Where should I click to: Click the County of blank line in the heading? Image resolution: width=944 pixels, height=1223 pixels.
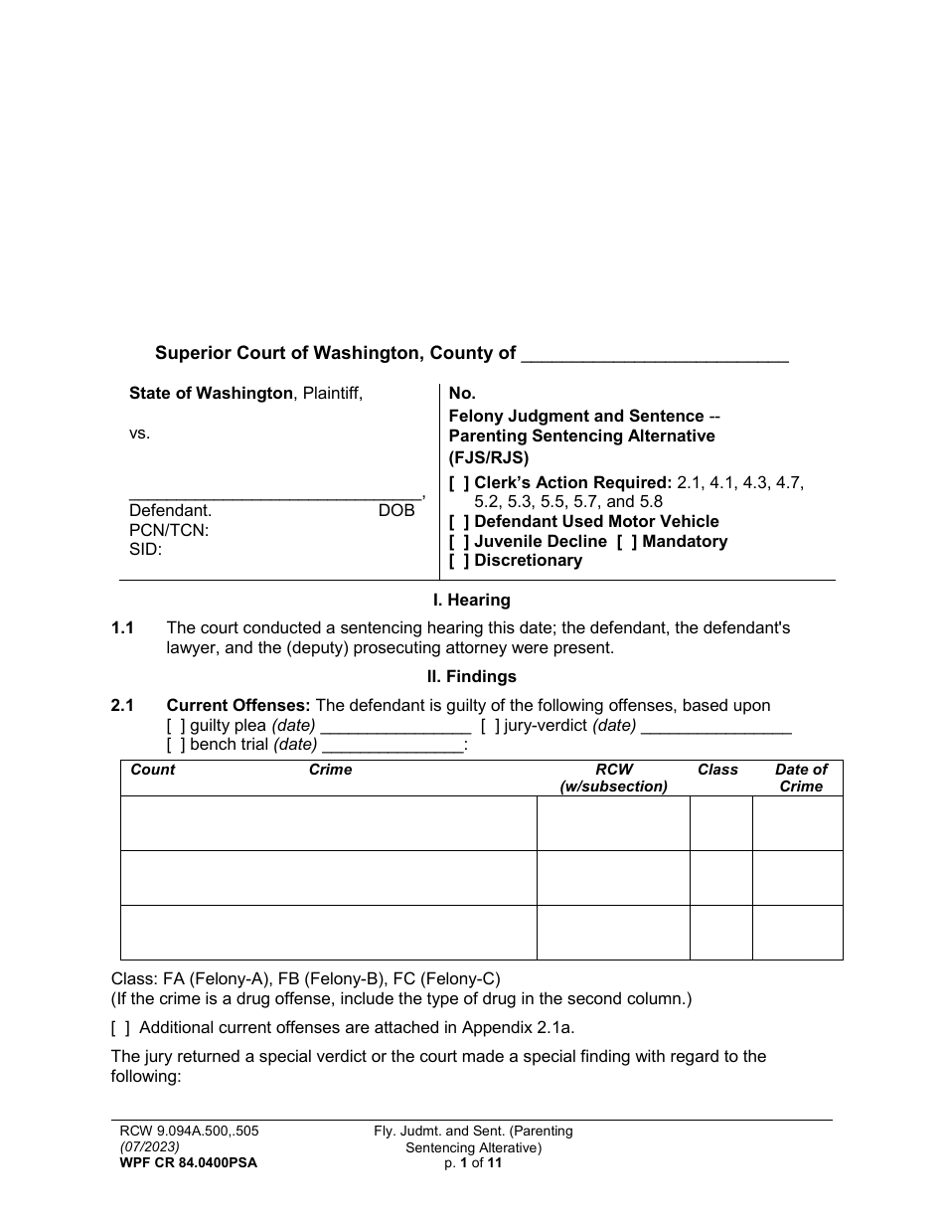(x=655, y=356)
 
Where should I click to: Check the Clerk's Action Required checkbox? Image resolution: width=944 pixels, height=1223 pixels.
(x=459, y=483)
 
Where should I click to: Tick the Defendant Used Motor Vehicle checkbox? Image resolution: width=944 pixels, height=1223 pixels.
(x=459, y=522)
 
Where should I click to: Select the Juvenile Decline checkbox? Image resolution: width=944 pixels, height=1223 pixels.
(x=459, y=542)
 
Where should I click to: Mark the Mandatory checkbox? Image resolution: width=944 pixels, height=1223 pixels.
(x=627, y=542)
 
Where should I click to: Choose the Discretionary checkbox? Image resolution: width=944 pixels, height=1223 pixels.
(x=459, y=561)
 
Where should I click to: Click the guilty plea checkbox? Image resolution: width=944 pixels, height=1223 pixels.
(x=175, y=726)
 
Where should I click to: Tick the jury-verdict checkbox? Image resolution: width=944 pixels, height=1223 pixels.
(x=489, y=726)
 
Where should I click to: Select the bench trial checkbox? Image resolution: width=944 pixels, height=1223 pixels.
(x=175, y=745)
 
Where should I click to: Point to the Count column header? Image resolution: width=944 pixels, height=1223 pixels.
(x=152, y=770)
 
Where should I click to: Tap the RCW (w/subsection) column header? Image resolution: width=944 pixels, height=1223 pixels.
(x=613, y=778)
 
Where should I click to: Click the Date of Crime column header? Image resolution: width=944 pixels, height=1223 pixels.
(x=801, y=778)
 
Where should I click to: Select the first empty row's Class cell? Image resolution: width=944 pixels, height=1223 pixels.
(x=720, y=823)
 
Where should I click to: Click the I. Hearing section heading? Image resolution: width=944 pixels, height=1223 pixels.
(x=472, y=601)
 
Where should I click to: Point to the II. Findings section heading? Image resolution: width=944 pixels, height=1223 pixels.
(x=472, y=677)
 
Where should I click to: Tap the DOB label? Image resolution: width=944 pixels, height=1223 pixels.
(x=395, y=511)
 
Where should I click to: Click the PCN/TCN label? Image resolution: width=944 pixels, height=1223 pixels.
(x=169, y=530)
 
